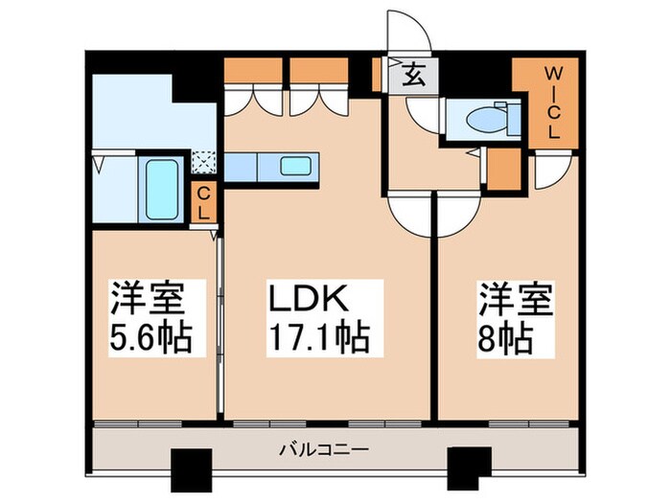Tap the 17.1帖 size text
pos(316,338)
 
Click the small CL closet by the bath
pos(202,203)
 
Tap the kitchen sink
pos(295,166)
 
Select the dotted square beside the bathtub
pos(203,164)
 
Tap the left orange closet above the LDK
pos(254,72)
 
